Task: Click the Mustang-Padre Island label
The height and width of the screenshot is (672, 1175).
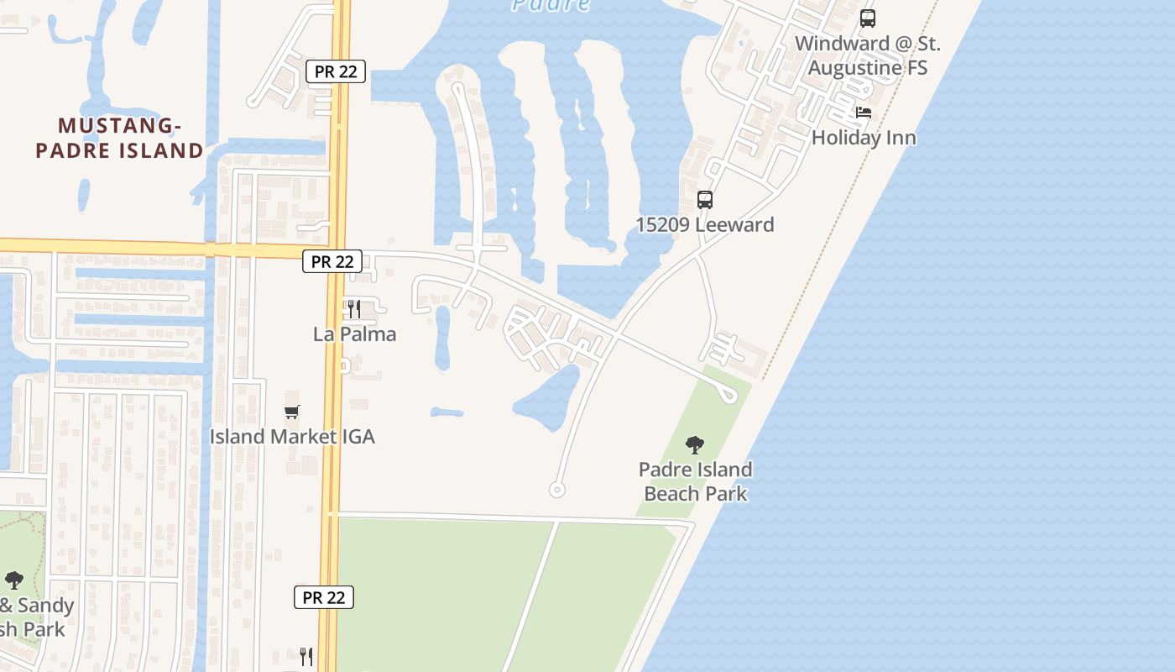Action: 131,139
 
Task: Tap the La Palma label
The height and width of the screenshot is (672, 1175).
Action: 354,334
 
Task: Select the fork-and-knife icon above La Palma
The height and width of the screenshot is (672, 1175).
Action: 353,309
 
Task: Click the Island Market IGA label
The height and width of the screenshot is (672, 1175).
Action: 292,437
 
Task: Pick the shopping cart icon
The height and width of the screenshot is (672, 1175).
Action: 292,412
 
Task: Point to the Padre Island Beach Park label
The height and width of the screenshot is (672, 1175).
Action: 695,481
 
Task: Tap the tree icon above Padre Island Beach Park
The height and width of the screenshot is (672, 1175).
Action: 694,444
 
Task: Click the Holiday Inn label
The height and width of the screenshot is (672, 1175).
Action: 863,138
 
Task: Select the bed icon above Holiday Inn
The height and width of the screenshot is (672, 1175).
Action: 864,113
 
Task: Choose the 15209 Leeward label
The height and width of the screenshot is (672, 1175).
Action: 705,225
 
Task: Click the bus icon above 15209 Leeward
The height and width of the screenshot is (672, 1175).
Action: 705,200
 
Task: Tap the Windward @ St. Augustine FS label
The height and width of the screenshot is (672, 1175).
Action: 868,55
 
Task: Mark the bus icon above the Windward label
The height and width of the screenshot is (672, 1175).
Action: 868,18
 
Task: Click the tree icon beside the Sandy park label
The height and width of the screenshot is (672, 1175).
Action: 14,580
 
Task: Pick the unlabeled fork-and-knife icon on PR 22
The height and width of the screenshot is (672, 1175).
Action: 306,656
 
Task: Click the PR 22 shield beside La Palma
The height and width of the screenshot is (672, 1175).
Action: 332,262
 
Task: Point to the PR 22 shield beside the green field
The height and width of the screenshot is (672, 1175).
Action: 324,598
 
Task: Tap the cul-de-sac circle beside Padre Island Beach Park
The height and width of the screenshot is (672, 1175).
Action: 556,489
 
